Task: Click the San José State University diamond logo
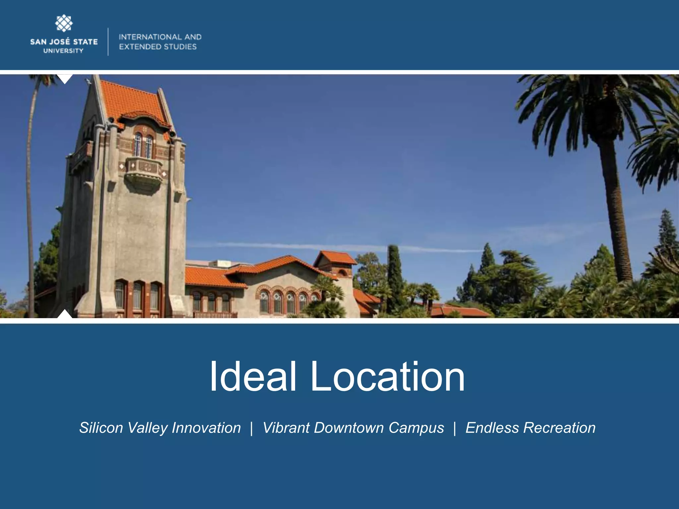pos(64,24)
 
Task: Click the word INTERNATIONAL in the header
pos(147,37)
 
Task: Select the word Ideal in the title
pos(253,377)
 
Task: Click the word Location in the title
pos(387,377)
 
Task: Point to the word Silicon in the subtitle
pos(101,428)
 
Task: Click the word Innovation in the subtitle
pos(206,428)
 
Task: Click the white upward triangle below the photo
pos(65,314)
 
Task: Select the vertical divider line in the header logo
pos(108,42)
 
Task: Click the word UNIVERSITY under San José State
pos(63,51)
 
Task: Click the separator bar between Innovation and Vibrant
pos(252,428)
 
